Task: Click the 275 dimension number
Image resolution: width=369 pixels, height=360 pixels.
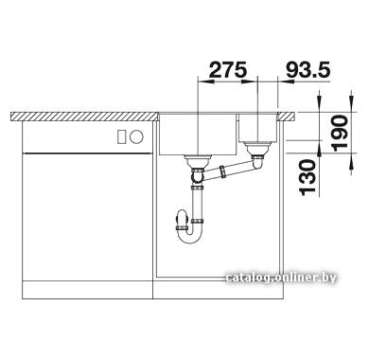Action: [228, 70]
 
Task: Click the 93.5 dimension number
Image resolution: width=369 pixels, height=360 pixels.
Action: [308, 70]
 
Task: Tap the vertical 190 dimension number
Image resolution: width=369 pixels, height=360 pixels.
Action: [341, 132]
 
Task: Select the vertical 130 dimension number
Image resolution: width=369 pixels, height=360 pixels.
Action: [307, 176]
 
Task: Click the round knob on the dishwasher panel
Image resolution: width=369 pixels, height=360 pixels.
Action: [136, 136]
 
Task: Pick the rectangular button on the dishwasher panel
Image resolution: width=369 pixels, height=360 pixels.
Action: [122, 136]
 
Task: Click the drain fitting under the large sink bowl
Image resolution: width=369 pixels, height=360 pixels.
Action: [197, 162]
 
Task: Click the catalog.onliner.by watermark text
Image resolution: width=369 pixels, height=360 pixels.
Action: [281, 278]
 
